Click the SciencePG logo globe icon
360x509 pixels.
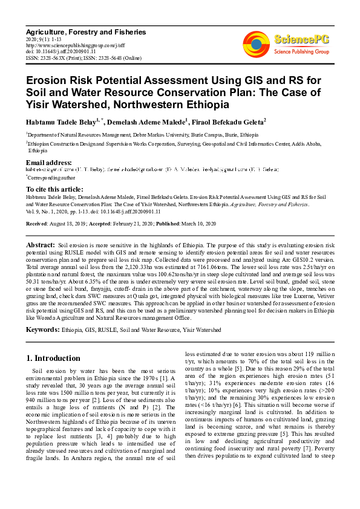pyautogui.click(x=257, y=42)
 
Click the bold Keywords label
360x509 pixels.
pyautogui.click(x=42, y=330)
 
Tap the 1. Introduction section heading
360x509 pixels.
pyautogui.click(x=54, y=358)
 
